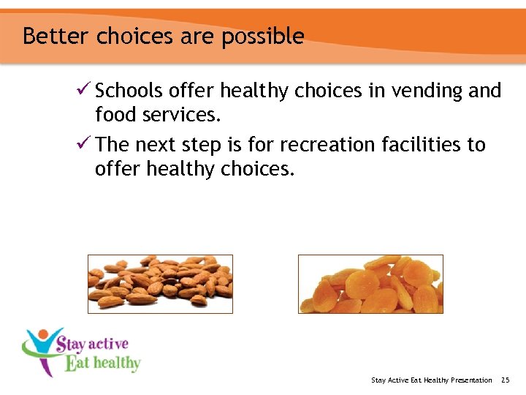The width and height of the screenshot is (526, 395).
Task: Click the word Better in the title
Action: [55, 36]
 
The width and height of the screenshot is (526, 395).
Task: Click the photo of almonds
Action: [160, 284]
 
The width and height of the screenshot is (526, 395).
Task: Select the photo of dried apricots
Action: [370, 284]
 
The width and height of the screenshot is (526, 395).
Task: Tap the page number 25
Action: [505, 380]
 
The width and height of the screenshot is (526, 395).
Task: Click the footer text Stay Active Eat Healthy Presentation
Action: [431, 380]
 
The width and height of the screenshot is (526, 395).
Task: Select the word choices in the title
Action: [126, 36]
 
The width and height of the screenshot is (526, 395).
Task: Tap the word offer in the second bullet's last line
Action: [118, 169]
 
